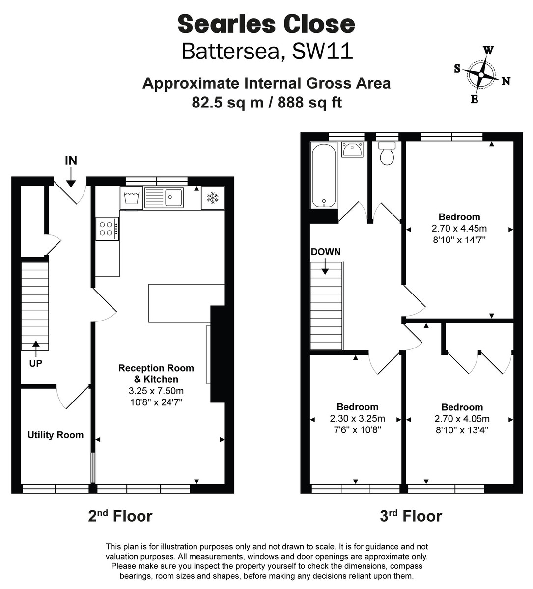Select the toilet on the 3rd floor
[387, 154]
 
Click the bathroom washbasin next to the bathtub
[352, 149]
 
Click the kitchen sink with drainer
[164, 197]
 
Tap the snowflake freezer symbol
[212, 198]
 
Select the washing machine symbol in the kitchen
[131, 198]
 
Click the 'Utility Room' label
[56, 435]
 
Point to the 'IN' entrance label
[71, 161]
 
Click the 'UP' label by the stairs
[36, 364]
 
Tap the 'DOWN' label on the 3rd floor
[325, 252]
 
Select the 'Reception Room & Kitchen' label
[156, 374]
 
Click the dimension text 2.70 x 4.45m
[459, 228]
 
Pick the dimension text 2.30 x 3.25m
[357, 419]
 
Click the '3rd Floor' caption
[411, 516]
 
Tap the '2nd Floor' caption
[120, 516]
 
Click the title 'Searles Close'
[266, 24]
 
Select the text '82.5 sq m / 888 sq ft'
[266, 103]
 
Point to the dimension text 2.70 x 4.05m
[462, 419]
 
